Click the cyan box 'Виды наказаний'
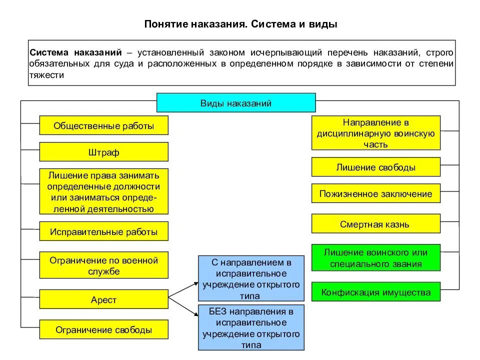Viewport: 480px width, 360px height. (236, 103)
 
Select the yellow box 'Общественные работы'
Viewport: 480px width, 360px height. (104, 125)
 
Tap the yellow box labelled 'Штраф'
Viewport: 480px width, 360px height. (104, 152)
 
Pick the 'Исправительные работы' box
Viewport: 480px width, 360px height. (104, 231)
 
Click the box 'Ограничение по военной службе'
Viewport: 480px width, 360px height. (104, 265)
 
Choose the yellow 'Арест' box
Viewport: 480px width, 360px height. (104, 299)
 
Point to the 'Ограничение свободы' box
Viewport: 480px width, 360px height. (104, 329)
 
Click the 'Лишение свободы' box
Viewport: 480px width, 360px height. (376, 167)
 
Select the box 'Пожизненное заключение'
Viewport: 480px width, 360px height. (376, 193)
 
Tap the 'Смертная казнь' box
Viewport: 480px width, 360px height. (376, 224)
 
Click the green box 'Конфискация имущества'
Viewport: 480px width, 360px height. (376, 292)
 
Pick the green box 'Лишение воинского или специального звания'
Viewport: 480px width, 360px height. (376, 257)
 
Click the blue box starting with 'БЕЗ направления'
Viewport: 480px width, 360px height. (251, 327)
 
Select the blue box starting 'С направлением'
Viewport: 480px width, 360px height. (251, 278)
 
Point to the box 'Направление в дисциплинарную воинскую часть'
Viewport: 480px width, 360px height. (376, 133)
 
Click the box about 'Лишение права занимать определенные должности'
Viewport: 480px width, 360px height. (104, 191)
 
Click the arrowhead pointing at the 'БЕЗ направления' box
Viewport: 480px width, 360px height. (194, 315)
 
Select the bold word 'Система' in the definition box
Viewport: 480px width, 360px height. (49, 52)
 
